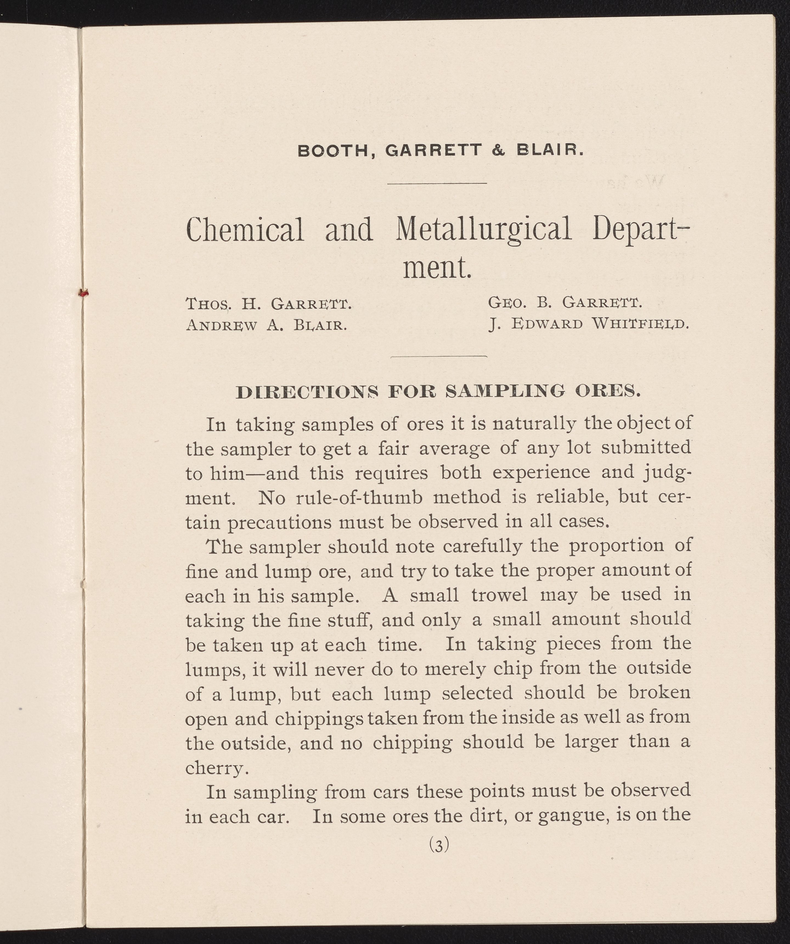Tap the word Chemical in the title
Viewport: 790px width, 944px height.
(245, 229)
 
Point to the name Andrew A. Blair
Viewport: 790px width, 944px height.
(266, 325)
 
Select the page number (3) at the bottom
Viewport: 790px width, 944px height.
(439, 846)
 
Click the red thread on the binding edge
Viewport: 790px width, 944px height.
(83, 293)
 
